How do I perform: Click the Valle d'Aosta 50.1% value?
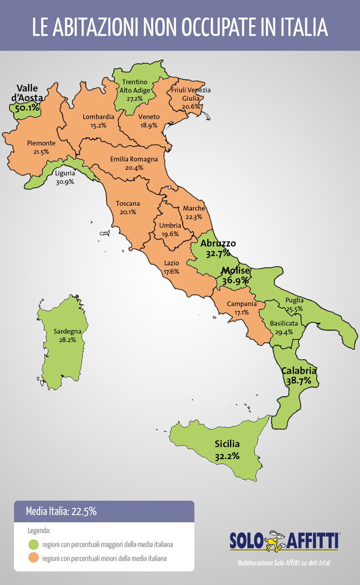pos(28,108)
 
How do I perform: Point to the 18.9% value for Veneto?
pos(148,126)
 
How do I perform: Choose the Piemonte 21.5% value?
pos(41,152)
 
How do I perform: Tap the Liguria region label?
pos(64,174)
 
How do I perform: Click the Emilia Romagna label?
pos(134,159)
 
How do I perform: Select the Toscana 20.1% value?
pos(128,212)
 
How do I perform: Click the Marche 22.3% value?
pos(193,217)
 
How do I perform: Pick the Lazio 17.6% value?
pos(171,272)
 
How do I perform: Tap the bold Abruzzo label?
pos(218,243)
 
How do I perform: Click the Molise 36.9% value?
pos(235,281)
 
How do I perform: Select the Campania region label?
pos(242,304)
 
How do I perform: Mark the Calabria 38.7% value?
pos(299,380)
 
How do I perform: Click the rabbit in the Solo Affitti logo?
pos(275,540)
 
